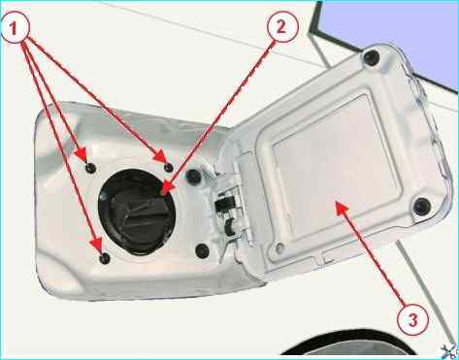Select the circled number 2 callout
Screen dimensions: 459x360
tap(281, 27)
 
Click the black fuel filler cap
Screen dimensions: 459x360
tap(137, 212)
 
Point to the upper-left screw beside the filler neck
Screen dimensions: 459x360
tap(91, 168)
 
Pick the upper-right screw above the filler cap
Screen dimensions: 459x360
tap(169, 167)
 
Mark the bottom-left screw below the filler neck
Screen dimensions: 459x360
tap(105, 258)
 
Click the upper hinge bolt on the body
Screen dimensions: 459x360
tap(194, 177)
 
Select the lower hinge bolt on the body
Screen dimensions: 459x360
tap(203, 250)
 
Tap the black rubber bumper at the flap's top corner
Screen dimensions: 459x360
tap(372, 57)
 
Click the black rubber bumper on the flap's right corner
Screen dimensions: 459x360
tap(422, 206)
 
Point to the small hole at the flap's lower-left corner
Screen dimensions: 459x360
tap(280, 248)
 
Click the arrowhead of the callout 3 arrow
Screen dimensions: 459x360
tap(342, 207)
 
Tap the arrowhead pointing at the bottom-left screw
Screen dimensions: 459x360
tap(96, 245)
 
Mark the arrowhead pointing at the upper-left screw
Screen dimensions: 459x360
tap(82, 154)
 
